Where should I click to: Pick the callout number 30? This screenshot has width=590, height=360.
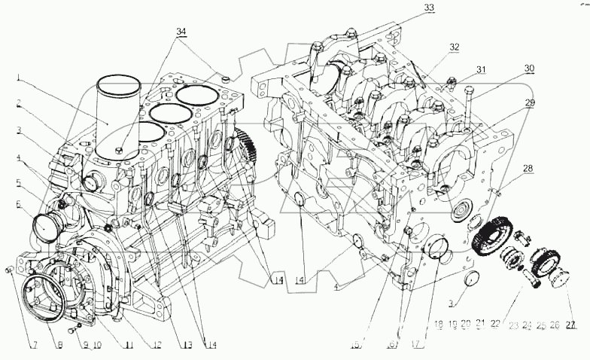(x=530, y=68)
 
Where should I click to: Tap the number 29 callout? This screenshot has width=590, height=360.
(x=530, y=102)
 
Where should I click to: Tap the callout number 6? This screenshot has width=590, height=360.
(x=15, y=204)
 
